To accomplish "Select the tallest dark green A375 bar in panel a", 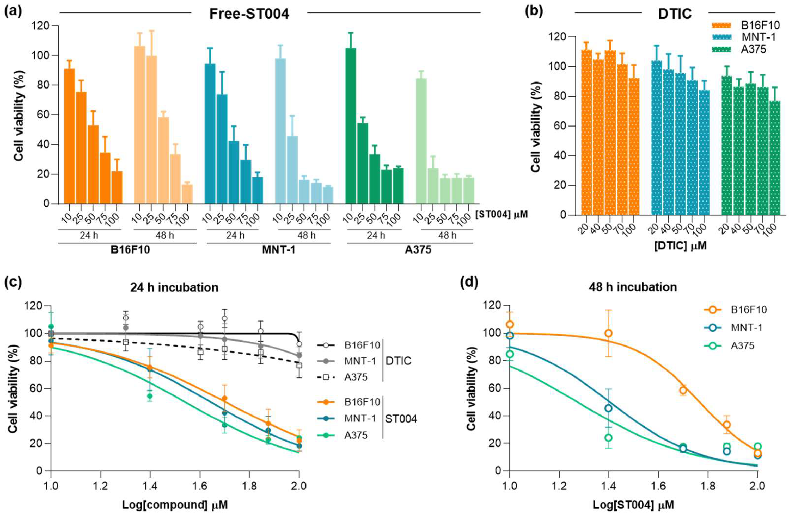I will (351, 126).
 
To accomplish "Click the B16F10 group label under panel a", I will (130, 249).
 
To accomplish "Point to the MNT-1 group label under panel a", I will (278, 249).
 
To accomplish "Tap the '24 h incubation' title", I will (174, 287).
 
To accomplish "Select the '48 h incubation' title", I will (633, 287).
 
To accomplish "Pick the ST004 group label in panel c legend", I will (401, 419).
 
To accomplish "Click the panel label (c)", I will (13, 282).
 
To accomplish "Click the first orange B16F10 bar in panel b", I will (586, 133).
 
